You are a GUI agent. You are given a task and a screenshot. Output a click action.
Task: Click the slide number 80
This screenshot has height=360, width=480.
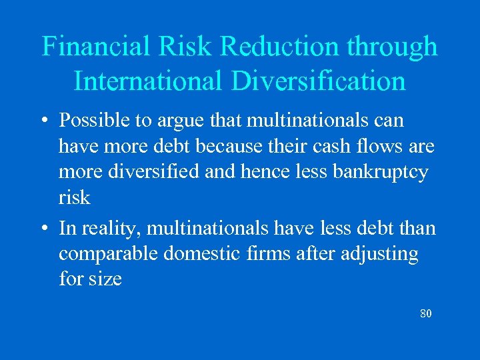pyautogui.click(x=426, y=313)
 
